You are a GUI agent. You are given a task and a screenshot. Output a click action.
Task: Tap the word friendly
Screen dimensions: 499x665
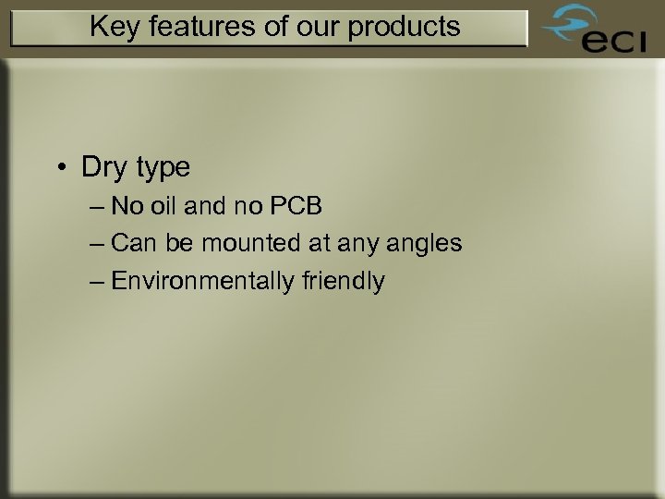(x=342, y=282)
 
